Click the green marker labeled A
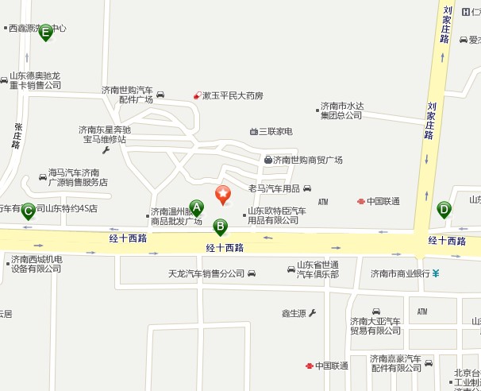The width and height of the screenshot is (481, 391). (x=197, y=208)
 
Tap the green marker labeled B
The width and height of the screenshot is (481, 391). (x=221, y=226)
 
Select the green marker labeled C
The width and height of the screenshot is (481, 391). (x=28, y=211)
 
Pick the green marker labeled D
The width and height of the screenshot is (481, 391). (x=444, y=210)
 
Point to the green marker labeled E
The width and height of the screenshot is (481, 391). (x=45, y=32)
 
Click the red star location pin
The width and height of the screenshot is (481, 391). (x=223, y=193)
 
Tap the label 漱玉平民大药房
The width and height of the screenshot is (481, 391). (x=233, y=95)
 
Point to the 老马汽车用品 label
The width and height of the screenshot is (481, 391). (x=274, y=188)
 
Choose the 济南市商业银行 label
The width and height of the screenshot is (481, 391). (x=400, y=273)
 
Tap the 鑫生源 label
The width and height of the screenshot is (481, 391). (x=294, y=314)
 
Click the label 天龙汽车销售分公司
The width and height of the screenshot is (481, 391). (x=206, y=274)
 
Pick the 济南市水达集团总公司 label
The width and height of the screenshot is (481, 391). (x=341, y=110)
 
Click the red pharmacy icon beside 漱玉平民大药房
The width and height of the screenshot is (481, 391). (x=197, y=95)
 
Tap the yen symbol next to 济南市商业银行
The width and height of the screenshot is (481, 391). (x=436, y=273)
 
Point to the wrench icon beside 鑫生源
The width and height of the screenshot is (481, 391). (x=312, y=313)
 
